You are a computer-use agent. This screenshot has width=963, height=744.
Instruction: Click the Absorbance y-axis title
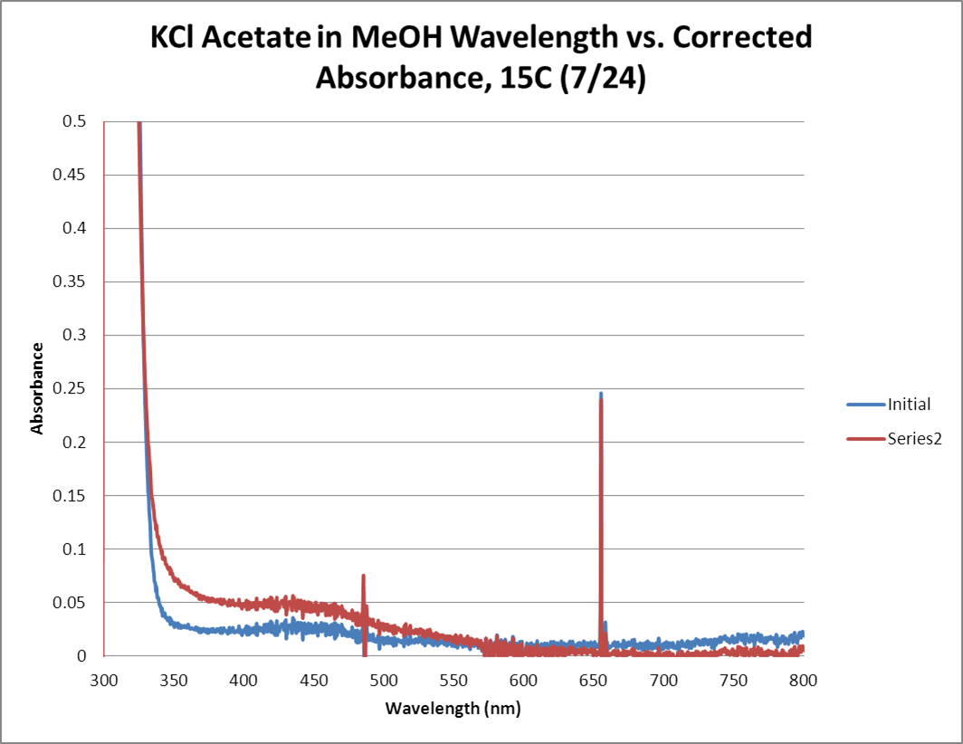37,388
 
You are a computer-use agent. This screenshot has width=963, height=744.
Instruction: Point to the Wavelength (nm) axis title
453,708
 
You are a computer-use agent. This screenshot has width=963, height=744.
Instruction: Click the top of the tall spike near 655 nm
600,394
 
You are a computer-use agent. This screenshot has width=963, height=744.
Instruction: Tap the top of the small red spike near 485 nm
364,576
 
